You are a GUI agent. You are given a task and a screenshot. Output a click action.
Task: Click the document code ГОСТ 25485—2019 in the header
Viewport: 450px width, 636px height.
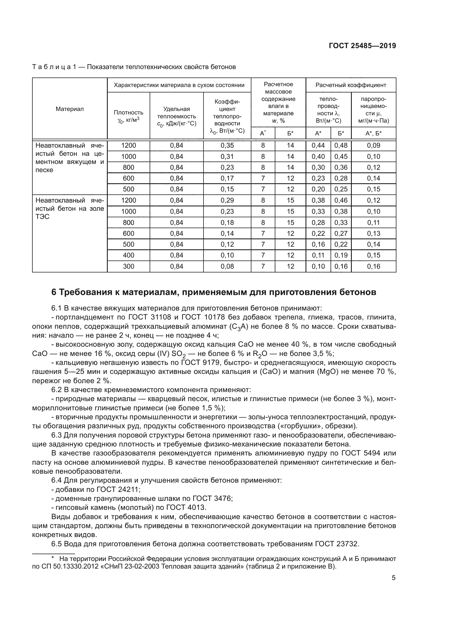pyautogui.click(x=362, y=46)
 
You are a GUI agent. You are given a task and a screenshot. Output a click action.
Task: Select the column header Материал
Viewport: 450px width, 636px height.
pyautogui.click(x=70, y=109)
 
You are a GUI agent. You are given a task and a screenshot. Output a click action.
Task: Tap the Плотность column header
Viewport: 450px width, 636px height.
pyautogui.click(x=128, y=116)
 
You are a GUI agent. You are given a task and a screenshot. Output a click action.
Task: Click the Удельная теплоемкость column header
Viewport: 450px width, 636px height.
pyautogui.click(x=177, y=116)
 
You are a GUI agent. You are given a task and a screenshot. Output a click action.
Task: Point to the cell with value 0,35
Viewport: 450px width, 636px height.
pyautogui.click(x=227, y=145)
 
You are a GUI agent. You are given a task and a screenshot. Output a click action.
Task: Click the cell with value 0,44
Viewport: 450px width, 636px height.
pyautogui.click(x=318, y=145)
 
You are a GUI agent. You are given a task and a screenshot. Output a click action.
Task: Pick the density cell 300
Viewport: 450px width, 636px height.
pyautogui.click(x=128, y=266)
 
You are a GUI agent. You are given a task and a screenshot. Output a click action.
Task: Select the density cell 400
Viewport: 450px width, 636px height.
pyautogui.click(x=128, y=255)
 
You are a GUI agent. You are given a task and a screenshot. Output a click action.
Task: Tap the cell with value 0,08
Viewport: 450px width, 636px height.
pyautogui.click(x=227, y=266)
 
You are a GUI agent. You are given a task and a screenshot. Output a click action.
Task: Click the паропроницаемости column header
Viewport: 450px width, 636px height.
pyautogui.click(x=374, y=110)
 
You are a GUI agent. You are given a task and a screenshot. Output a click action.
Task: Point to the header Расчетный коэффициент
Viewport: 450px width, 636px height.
pyautogui.click(x=350, y=85)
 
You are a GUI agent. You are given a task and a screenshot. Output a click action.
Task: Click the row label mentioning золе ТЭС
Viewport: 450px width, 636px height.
pyautogui.click(x=70, y=208)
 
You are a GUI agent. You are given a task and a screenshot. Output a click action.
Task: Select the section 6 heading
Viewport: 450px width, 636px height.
pyautogui.click(x=214, y=292)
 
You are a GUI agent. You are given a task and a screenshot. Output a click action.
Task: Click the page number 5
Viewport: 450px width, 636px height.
pyautogui.click(x=393, y=578)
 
